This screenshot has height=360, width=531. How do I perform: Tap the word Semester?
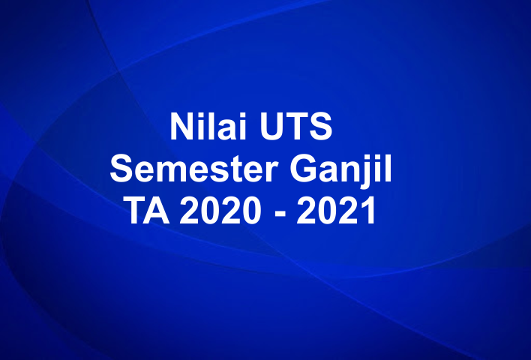click(x=193, y=169)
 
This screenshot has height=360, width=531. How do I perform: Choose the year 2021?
click(x=336, y=212)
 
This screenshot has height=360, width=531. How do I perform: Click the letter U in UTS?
click(x=269, y=127)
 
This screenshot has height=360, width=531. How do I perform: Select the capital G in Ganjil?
click(x=305, y=169)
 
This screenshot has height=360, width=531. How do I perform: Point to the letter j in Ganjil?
click(x=371, y=172)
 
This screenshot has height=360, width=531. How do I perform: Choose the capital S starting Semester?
click(x=122, y=169)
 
